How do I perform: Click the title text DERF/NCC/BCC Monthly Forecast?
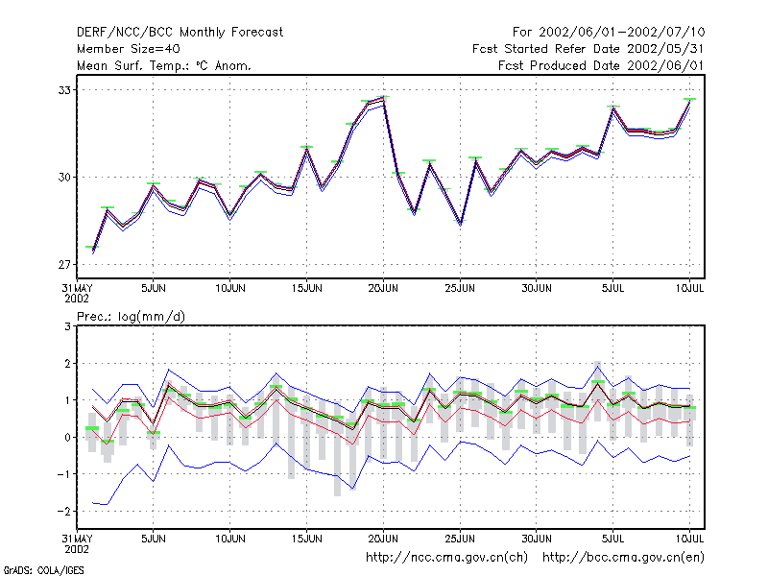[x=180, y=33]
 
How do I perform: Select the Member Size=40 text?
[x=129, y=49]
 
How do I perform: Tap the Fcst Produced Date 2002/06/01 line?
[x=601, y=65]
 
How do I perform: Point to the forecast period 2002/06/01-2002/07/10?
[x=621, y=33]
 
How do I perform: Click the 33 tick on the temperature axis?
[x=64, y=90]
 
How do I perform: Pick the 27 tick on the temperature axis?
[x=64, y=265]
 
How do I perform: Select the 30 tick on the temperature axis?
[x=64, y=178]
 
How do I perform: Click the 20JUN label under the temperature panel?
[x=383, y=288]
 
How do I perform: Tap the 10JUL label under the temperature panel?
[x=689, y=288]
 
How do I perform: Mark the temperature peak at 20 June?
[x=383, y=98]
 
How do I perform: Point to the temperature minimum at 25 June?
[x=461, y=223]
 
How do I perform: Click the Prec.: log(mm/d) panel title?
[x=131, y=317]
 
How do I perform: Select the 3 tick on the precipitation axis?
[x=67, y=326]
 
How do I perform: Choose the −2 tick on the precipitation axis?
[x=63, y=511]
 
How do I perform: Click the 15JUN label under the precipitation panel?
[x=306, y=539]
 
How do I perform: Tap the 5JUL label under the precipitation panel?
[x=612, y=539]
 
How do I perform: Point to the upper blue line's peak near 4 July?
[x=597, y=366]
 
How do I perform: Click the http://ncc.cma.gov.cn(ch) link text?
[x=446, y=558]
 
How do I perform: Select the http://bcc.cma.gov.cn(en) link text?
[x=623, y=558]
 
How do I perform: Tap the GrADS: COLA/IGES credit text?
[x=43, y=570]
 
